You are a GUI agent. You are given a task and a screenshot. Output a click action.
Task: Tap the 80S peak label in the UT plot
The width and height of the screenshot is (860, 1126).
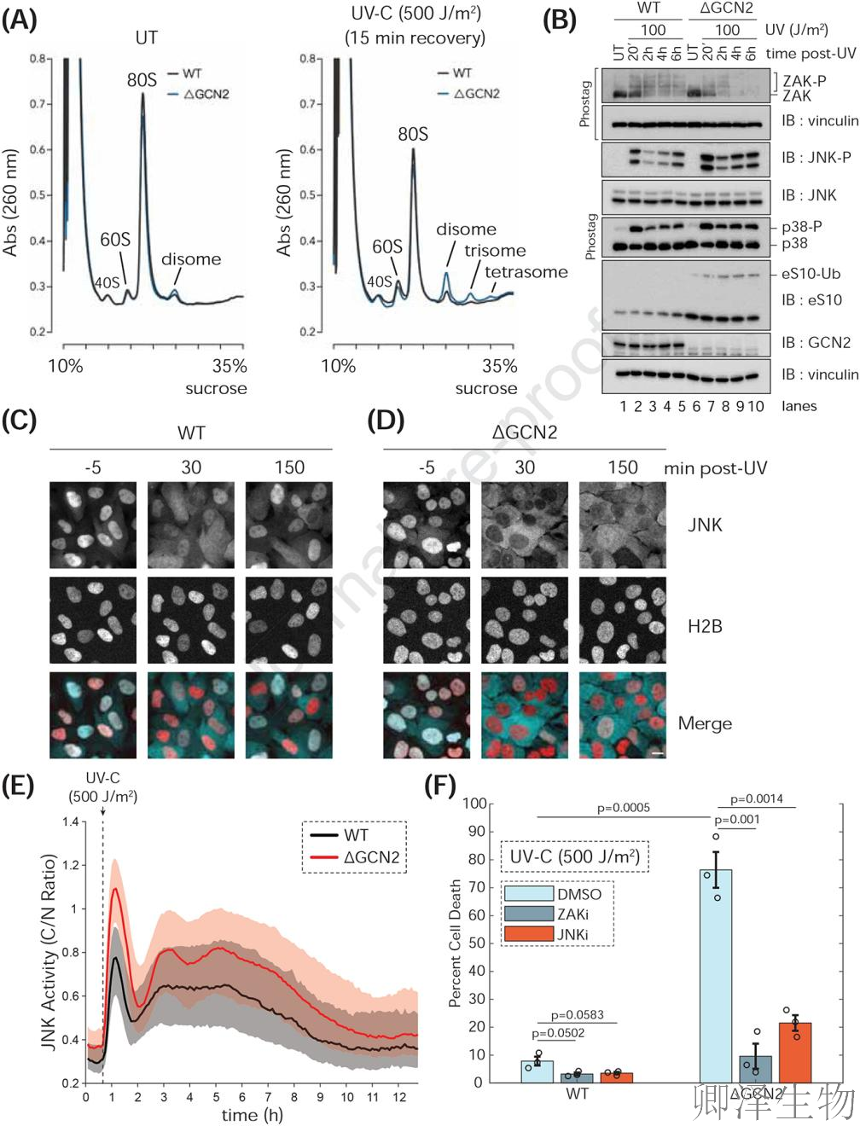[142, 80]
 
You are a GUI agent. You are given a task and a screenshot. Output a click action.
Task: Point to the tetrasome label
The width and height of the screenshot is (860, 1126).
[526, 272]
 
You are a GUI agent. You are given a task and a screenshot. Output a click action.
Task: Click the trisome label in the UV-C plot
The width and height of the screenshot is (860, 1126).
[495, 251]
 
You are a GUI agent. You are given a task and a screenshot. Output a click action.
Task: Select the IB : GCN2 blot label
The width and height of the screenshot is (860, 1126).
[816, 343]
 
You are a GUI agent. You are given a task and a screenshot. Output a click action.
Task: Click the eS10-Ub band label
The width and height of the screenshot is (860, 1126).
[811, 274]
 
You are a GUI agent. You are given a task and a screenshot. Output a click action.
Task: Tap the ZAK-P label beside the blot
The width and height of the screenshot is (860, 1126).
[804, 81]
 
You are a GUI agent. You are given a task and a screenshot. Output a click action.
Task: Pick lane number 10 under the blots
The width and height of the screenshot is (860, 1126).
[756, 406]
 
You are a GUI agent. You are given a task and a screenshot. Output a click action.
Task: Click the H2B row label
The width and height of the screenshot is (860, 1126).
[705, 626]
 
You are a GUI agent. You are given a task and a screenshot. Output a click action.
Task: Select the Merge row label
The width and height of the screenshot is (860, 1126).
[705, 723]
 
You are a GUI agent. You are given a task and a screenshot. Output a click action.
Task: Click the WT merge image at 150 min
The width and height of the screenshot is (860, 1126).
[289, 715]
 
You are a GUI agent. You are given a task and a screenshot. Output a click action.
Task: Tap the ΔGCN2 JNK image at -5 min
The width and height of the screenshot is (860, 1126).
[427, 525]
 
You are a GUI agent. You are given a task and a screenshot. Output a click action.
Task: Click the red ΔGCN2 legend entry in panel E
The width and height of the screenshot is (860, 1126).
[355, 857]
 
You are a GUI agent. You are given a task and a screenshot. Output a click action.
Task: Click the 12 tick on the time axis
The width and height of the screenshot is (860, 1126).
[399, 1097]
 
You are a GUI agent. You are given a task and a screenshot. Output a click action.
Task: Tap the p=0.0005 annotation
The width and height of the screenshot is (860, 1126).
[623, 807]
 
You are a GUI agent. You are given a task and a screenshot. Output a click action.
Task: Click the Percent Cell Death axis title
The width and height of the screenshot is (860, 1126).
[456, 943]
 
